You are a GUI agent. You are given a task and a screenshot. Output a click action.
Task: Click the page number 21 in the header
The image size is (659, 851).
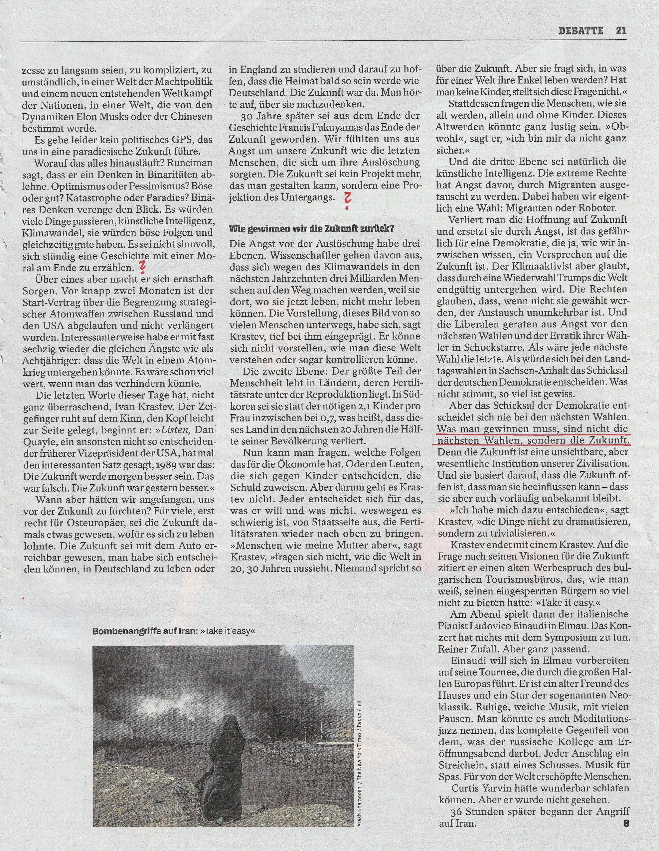click(x=621, y=30)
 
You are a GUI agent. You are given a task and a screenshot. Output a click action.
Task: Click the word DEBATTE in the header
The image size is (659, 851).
click(x=580, y=30)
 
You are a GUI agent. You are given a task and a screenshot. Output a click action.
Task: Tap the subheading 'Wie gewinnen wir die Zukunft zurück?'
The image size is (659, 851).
click(x=311, y=229)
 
